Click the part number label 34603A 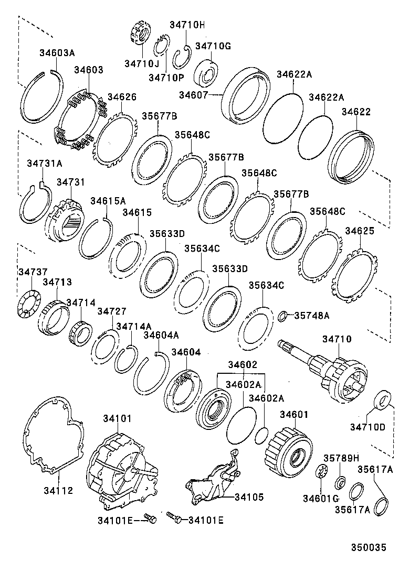(57, 52)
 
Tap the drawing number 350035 (369, 548)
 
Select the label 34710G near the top (213, 46)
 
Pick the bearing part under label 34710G (208, 73)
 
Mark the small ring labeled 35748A (282, 316)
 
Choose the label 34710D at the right (368, 427)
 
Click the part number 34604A (161, 335)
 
